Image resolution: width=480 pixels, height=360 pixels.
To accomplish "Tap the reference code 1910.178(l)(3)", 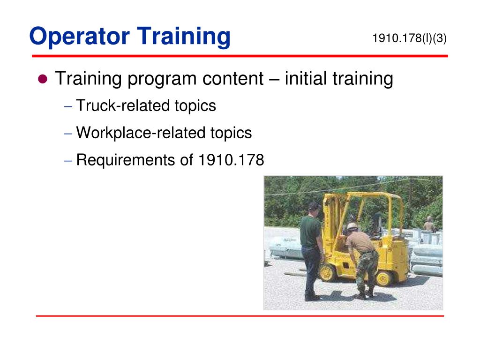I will pos(409,38).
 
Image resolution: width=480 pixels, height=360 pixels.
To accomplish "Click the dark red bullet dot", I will pos(43,79).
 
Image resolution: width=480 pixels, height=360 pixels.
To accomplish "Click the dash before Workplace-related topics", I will pos(68,134).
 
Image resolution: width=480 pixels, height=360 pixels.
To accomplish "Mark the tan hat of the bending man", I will pos(352,226).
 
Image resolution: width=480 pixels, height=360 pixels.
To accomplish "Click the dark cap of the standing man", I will pos(314,206).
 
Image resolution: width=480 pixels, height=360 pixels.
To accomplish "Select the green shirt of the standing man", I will pos(310,231).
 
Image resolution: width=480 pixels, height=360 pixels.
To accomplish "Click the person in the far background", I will pos(428,224).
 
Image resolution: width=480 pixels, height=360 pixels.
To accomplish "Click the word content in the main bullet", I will pos(233,79).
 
